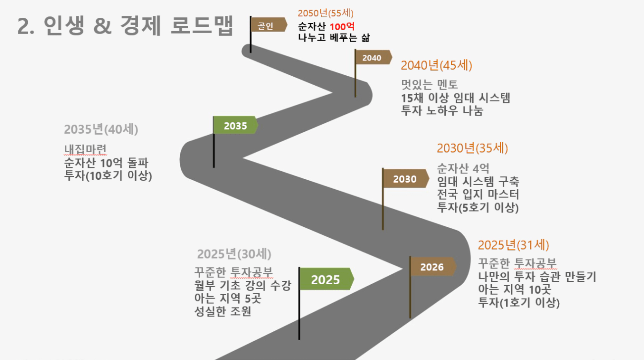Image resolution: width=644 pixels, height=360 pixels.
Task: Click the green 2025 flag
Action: (x=326, y=279)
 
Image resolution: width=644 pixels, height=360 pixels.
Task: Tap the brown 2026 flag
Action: (x=432, y=267)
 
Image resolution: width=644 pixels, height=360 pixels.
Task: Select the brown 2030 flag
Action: (x=405, y=179)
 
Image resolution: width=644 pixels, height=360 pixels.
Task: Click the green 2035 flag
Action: (x=235, y=125)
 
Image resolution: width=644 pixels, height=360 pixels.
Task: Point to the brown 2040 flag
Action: (x=373, y=57)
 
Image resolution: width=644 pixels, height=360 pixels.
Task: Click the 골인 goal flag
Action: (x=268, y=25)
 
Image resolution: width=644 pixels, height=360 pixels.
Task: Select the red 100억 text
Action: (x=342, y=27)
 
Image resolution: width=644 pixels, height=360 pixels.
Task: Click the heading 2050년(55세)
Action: (x=326, y=13)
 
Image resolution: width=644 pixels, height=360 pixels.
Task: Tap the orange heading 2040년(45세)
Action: (x=436, y=65)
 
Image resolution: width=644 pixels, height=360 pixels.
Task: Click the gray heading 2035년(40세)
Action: (x=101, y=129)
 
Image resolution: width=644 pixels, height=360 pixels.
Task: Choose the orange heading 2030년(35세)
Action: (x=473, y=148)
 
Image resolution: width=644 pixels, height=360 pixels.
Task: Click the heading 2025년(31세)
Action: (x=514, y=245)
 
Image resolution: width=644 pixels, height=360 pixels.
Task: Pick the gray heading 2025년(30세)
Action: (x=234, y=254)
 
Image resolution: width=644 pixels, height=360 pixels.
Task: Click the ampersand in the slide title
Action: (x=103, y=26)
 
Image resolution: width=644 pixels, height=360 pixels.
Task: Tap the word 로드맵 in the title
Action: (x=202, y=26)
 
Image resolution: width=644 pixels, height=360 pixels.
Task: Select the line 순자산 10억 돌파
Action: (x=106, y=163)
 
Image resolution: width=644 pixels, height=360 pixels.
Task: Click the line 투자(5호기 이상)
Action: (x=478, y=207)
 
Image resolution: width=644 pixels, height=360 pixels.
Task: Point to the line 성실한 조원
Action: (x=223, y=311)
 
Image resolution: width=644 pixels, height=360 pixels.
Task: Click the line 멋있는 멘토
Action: (x=429, y=85)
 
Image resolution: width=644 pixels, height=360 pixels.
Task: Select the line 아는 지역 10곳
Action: (x=515, y=289)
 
